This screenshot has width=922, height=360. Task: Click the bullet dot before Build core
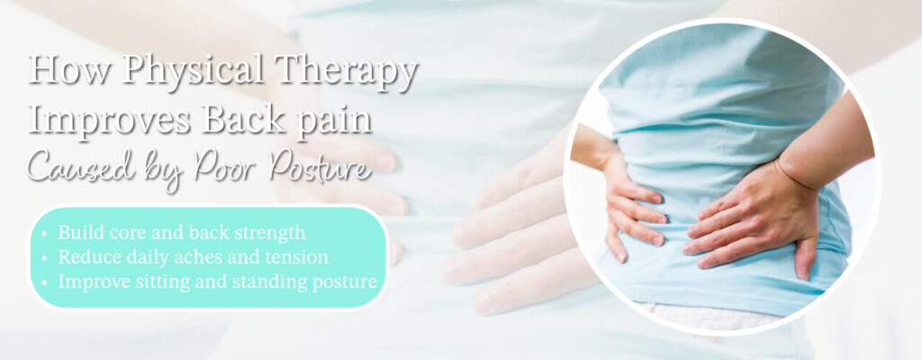[x=45, y=234]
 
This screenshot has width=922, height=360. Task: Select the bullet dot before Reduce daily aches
[x=45, y=257]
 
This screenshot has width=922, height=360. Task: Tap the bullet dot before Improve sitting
[x=45, y=281]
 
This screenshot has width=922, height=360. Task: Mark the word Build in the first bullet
[x=77, y=234]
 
